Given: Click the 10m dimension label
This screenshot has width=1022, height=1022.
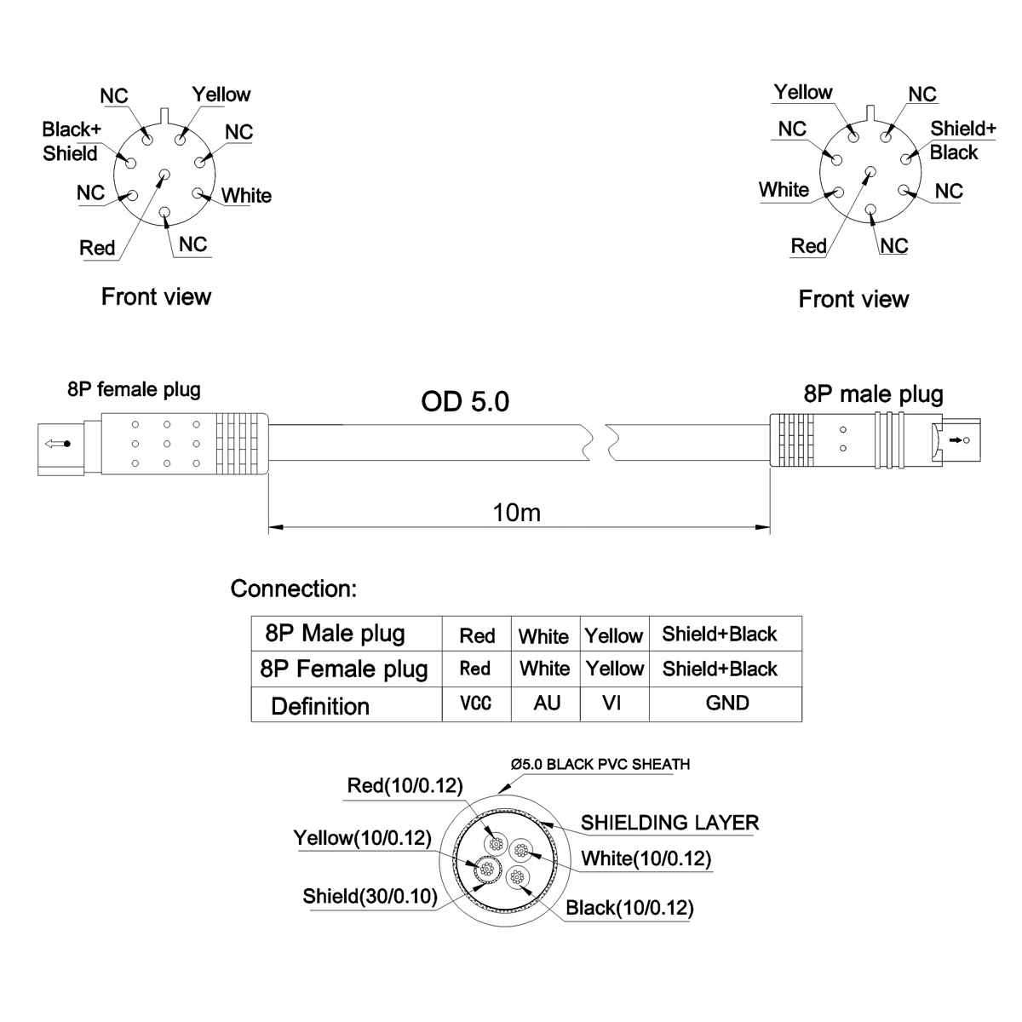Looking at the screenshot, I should (x=516, y=513).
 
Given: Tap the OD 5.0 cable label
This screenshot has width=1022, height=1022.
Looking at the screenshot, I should (x=465, y=401).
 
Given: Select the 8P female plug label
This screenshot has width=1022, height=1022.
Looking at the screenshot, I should (x=134, y=390).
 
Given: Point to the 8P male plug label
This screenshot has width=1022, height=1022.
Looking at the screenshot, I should (x=873, y=393).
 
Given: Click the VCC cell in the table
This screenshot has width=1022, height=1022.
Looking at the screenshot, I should (x=475, y=704).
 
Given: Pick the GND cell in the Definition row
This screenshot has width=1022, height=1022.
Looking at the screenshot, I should (x=726, y=703).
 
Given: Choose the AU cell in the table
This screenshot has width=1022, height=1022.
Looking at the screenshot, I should (x=546, y=704).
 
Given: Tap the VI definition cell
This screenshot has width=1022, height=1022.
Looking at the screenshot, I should (x=614, y=704).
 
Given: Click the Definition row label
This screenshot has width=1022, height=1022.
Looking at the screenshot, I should (x=320, y=706).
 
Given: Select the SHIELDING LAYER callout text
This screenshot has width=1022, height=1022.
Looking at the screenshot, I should (x=669, y=823).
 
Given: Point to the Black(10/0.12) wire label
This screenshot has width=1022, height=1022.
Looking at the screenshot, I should (x=629, y=908).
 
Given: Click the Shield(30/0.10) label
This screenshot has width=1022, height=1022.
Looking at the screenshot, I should (x=370, y=896).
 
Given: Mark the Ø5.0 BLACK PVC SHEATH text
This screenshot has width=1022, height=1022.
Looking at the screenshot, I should (x=600, y=764).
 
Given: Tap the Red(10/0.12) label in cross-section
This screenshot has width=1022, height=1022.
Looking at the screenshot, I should (x=405, y=785).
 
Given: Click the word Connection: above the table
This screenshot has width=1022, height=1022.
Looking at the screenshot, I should (x=294, y=589).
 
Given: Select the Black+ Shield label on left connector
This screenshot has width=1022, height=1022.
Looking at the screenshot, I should (x=72, y=141).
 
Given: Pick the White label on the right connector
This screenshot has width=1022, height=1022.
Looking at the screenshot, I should (x=784, y=189).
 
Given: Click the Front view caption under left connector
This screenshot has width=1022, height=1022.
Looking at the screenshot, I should (x=156, y=296).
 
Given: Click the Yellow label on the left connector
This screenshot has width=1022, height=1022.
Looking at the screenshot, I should (x=221, y=95).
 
